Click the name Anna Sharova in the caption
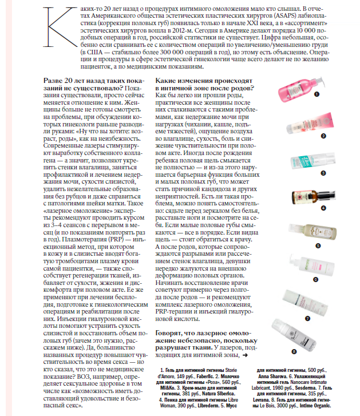coord(274,377)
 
